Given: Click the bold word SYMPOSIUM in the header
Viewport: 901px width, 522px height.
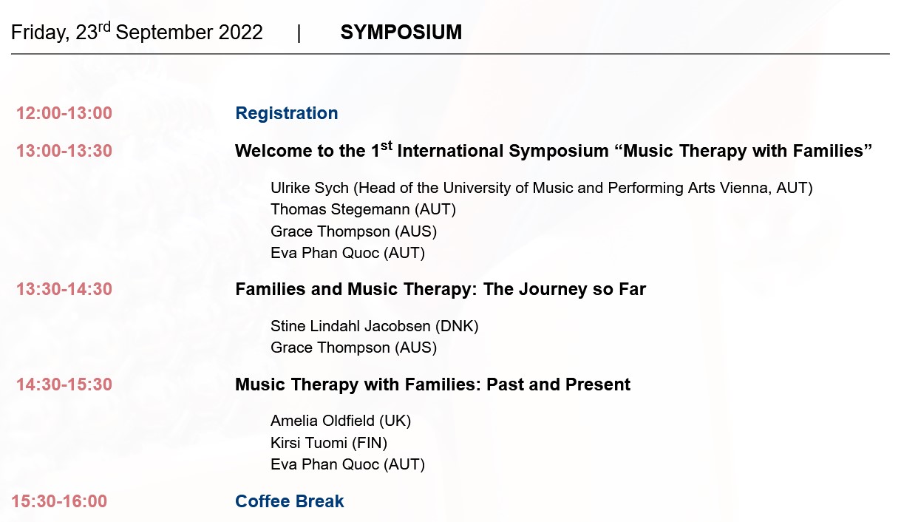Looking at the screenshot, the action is click(401, 33).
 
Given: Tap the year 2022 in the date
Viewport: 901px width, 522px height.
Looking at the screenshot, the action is click(240, 33).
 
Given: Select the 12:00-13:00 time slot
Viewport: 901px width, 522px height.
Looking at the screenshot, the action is click(64, 113).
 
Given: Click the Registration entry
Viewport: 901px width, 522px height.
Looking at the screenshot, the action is click(286, 113).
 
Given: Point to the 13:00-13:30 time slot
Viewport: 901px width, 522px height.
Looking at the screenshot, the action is click(64, 151).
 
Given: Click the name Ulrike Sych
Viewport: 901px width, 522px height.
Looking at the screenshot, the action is click(310, 188).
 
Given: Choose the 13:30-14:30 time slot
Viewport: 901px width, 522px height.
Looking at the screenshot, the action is click(64, 289).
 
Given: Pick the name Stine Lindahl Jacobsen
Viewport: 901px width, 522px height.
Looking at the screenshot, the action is click(350, 326).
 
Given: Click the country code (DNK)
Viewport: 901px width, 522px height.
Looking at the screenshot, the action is click(457, 326).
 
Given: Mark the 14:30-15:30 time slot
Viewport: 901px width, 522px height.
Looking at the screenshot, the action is click(64, 384).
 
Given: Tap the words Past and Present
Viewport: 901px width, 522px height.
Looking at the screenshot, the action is click(558, 384).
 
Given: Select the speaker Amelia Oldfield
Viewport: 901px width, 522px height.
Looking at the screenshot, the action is click(322, 421).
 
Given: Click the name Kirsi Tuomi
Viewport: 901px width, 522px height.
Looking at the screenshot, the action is click(309, 443).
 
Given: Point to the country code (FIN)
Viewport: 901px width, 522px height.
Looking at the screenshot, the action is click(370, 443).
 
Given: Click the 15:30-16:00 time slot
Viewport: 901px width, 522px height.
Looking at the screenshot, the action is click(59, 501).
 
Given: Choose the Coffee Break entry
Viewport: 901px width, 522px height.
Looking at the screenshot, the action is click(289, 501).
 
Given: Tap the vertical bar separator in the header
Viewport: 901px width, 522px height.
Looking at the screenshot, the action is click(299, 33).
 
